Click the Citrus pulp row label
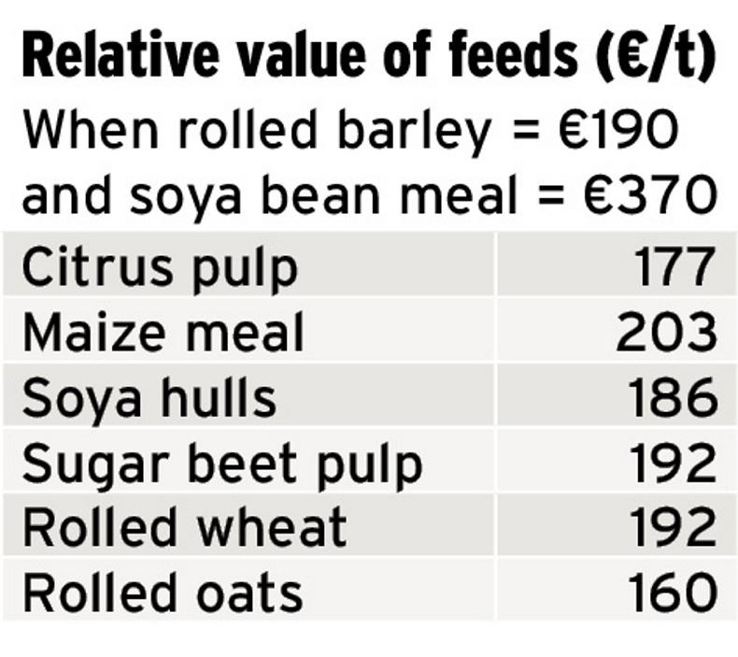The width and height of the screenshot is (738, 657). pos(160,268)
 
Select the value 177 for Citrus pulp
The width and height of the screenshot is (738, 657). pos(676,268)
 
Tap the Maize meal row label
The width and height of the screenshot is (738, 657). pos(163,333)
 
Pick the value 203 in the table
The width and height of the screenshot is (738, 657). pos(666,333)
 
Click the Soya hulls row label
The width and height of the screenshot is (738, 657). pos(149,398)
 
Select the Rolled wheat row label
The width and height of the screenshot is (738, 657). pos(184,528)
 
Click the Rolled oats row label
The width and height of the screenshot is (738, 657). pos(163,593)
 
